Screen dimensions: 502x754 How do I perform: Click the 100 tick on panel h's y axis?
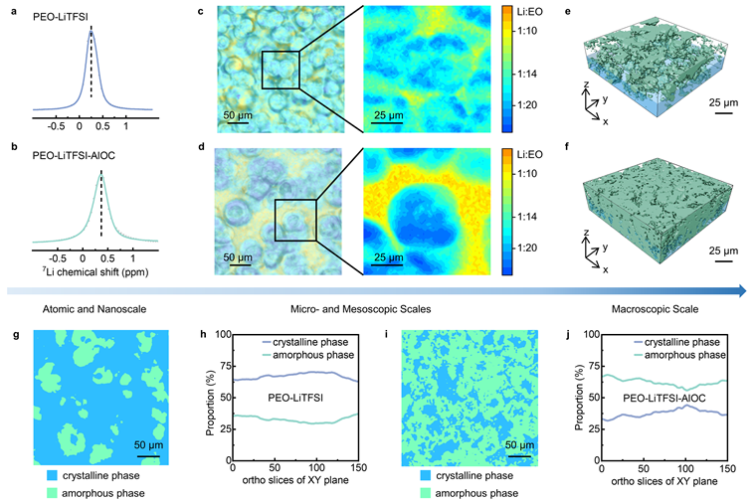coord(220,335)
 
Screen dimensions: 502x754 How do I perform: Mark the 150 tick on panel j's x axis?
coord(726,467)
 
